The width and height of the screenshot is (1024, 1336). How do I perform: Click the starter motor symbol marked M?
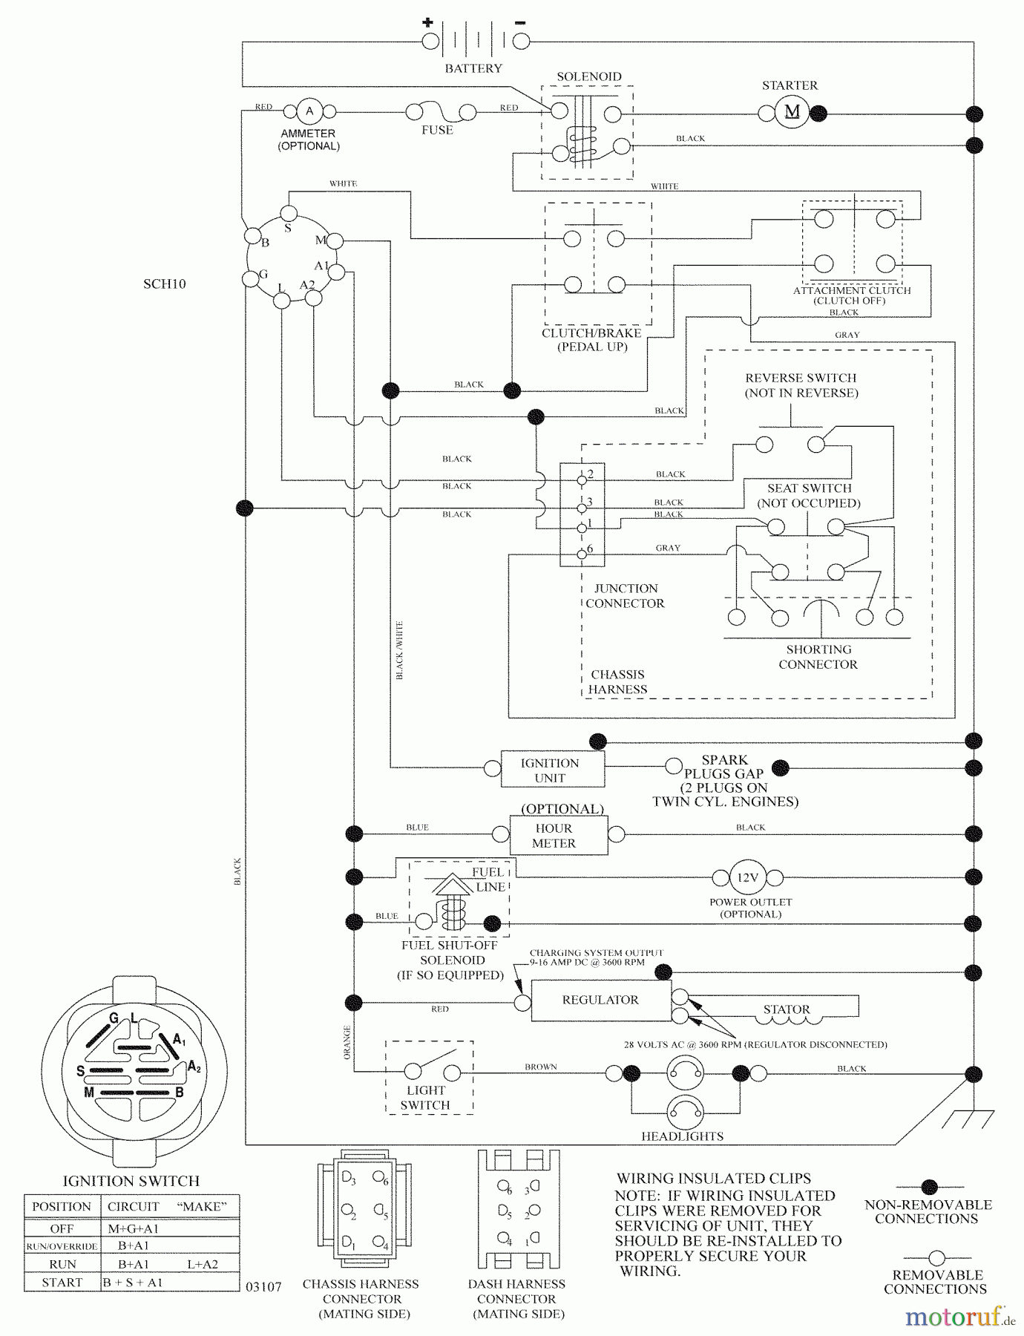(x=792, y=113)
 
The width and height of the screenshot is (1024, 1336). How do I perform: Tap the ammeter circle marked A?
(x=309, y=111)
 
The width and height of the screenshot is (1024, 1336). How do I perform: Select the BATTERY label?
(x=473, y=68)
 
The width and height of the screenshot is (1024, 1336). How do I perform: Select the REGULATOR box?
(x=600, y=1000)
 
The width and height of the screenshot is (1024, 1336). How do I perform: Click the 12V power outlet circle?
(x=747, y=877)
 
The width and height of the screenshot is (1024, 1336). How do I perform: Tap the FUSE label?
(x=437, y=130)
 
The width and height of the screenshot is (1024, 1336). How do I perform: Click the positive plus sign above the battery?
(x=428, y=22)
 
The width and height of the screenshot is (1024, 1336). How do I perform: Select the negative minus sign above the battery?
(x=520, y=23)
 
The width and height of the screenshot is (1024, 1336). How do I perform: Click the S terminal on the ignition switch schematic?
(x=289, y=215)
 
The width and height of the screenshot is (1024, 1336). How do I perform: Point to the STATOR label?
(x=787, y=1009)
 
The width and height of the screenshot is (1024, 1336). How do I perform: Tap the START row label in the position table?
(x=62, y=1283)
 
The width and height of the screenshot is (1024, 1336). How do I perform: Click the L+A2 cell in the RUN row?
(x=203, y=1264)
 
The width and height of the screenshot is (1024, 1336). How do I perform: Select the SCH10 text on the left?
(x=164, y=284)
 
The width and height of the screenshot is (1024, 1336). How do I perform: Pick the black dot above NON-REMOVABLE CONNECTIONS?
(x=929, y=1187)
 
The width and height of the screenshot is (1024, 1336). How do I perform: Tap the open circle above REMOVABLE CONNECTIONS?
(x=936, y=1258)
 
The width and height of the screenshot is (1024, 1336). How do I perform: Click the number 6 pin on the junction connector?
(x=582, y=554)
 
